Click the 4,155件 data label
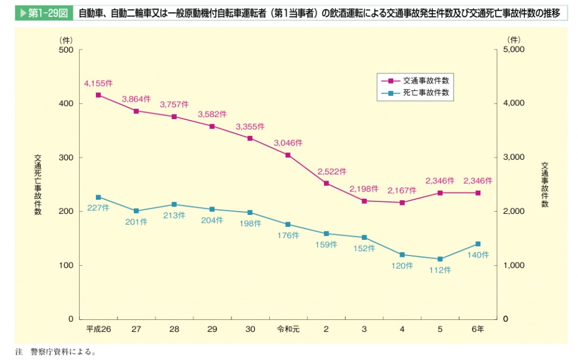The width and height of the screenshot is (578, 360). pyautogui.click(x=98, y=84)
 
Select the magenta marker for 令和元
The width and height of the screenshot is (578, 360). pyautogui.click(x=288, y=155)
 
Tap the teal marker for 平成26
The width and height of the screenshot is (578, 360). pyautogui.click(x=98, y=197)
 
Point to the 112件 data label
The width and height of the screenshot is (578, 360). pyautogui.click(x=440, y=270)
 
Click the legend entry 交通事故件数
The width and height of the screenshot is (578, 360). pyautogui.click(x=426, y=80)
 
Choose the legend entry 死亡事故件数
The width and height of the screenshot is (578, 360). pyautogui.click(x=426, y=93)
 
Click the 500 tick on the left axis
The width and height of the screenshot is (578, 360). pyautogui.click(x=67, y=50)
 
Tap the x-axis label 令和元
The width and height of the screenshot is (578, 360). pyautogui.click(x=288, y=329)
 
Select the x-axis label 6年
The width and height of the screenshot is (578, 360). pyautogui.click(x=478, y=329)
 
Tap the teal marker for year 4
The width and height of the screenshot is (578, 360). pyautogui.click(x=402, y=254)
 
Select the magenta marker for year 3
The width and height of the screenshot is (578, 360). pyautogui.click(x=364, y=201)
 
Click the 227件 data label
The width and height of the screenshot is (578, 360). pyautogui.click(x=98, y=208)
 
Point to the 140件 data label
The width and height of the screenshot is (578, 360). pyautogui.click(x=478, y=254)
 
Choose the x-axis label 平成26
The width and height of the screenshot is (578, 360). pyautogui.click(x=98, y=329)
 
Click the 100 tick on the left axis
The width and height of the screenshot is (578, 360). pyautogui.click(x=67, y=265)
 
